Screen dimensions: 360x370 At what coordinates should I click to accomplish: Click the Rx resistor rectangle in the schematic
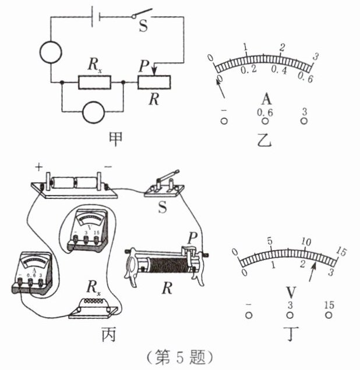94,83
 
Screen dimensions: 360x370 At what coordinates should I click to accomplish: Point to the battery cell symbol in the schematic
96,17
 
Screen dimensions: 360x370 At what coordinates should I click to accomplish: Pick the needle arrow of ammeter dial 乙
220,87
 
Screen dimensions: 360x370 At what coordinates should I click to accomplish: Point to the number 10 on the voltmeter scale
306,242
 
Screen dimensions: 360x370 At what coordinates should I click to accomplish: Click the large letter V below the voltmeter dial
291,293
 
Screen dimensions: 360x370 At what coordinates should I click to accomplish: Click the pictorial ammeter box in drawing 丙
33,272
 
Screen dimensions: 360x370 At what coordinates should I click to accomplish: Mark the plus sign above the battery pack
39,168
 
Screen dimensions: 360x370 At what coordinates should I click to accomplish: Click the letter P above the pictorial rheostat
192,239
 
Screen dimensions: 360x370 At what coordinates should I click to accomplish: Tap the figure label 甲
115,139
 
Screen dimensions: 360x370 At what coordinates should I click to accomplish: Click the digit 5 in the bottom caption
179,358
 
